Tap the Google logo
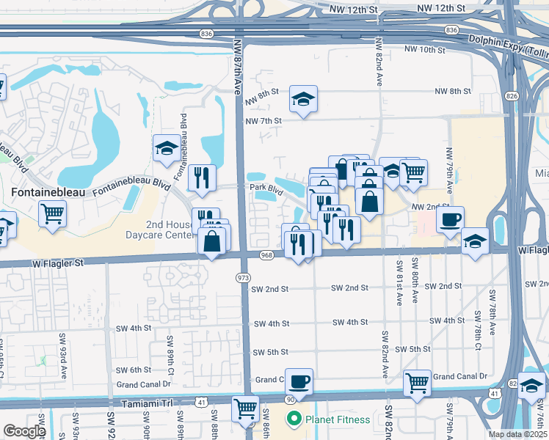pos(24,431)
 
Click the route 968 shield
pos(266,255)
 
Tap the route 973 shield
pos(243,277)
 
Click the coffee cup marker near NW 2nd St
pos(449,219)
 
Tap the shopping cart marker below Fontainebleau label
pos(53,214)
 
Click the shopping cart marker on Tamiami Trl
pos(244,408)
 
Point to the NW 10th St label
pos(424,50)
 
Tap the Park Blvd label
pos(266,188)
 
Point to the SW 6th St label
pos(133,370)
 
